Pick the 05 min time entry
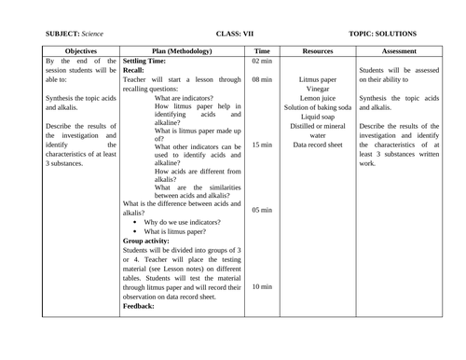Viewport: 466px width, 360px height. click(262, 211)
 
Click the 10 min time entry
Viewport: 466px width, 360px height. click(262, 286)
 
